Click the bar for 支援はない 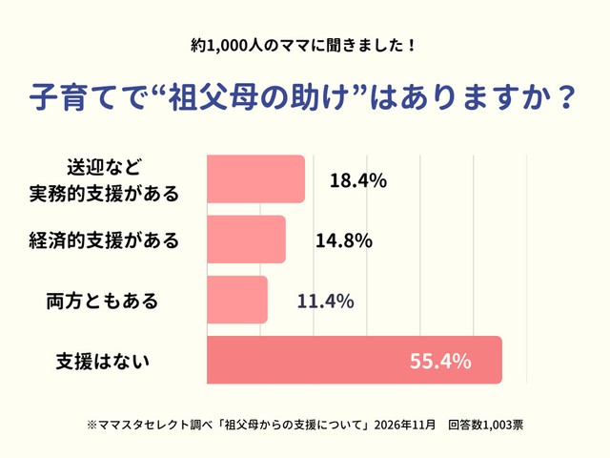354,361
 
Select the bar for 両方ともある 236,301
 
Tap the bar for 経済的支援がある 246,239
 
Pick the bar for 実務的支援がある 255,179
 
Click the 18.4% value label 357,180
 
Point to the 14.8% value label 343,240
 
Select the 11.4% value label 326,302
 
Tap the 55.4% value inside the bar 440,362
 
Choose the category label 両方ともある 102,302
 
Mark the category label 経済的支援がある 103,240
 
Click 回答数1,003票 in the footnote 484,422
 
